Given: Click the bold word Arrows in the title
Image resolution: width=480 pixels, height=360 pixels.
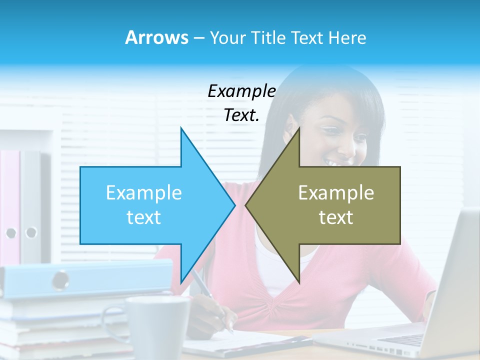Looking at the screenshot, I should pos(156,37).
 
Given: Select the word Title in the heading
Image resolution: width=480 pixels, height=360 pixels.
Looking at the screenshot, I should pos(269,37).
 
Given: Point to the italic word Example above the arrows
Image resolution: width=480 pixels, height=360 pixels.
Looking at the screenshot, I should pos(241,91).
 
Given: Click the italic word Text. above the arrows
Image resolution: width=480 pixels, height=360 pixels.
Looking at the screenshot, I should pos(241,115).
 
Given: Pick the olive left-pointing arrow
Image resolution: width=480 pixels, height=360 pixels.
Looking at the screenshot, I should pos(330,205).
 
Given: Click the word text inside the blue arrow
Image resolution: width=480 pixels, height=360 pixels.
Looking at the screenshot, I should pos(144,217).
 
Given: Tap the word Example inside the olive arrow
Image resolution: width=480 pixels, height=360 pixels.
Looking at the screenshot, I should pos(336,193).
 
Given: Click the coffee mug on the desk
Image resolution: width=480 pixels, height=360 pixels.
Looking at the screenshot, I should pos(157,325).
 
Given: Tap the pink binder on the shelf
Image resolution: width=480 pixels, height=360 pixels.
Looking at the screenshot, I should pos(10,200).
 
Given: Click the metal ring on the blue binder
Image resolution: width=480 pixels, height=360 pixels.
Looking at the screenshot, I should pos(60,280).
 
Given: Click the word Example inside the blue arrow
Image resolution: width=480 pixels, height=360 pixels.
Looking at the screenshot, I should pos(144,193).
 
